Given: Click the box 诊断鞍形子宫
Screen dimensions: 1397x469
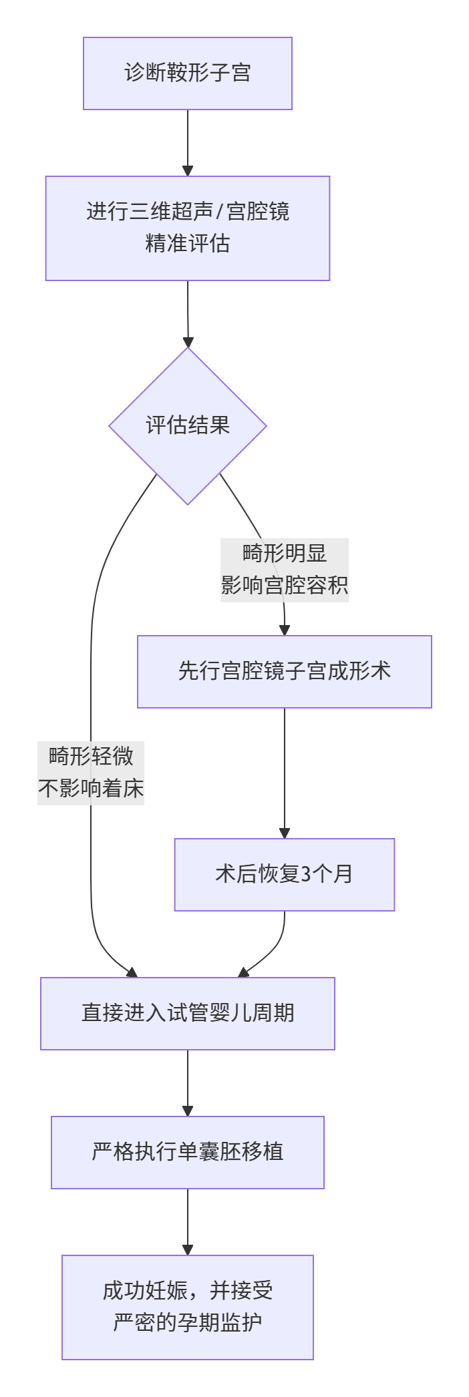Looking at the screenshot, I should [x=188, y=73].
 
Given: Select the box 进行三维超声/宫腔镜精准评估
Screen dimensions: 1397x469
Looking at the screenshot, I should [x=188, y=228].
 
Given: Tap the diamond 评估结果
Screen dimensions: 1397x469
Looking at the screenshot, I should [x=188, y=426].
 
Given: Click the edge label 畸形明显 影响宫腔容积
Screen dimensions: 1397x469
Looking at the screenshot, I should [x=285, y=570].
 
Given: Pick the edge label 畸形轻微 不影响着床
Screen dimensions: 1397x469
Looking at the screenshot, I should [x=91, y=773].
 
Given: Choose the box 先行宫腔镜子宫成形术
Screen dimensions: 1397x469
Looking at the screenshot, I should [x=285, y=671].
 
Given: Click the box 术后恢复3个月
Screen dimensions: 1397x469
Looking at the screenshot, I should [x=285, y=874].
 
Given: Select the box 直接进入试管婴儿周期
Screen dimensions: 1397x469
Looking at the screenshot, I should [x=188, y=1013].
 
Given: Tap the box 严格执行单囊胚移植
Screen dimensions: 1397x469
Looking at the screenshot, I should [x=188, y=1152].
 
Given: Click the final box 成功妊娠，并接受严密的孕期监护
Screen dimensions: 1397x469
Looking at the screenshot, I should [x=188, y=1307].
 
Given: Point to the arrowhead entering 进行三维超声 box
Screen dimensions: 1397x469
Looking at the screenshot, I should [x=188, y=170].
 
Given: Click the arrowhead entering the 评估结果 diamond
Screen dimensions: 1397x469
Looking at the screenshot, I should [x=188, y=342].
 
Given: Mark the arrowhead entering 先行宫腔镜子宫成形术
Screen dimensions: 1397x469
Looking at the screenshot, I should [x=285, y=630].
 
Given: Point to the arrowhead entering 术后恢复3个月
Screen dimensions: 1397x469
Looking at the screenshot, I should [x=285, y=833].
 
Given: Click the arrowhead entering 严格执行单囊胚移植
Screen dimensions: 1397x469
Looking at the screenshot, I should [x=188, y=1111].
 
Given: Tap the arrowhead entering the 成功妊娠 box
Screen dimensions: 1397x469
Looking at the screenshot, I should [x=188, y=1249].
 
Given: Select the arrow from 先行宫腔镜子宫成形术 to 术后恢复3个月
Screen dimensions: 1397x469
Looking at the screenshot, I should [x=285, y=768].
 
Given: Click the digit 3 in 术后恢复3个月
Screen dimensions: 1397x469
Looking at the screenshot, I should [x=307, y=874].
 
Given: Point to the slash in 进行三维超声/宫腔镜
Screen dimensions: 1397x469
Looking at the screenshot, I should [x=219, y=212].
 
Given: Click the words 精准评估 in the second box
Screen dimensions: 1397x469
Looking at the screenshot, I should [x=188, y=244].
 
